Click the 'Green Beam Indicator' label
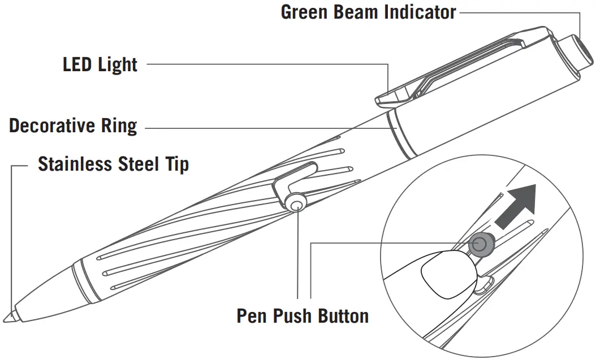click(x=368, y=12)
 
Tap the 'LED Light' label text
click(x=100, y=64)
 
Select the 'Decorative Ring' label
click(x=73, y=125)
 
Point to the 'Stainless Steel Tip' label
click(x=113, y=164)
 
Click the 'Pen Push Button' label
click(x=303, y=315)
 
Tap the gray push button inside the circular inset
click(x=480, y=244)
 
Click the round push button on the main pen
click(x=295, y=202)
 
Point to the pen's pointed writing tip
click(x=10, y=316)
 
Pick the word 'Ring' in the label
click(x=119, y=125)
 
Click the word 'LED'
click(x=77, y=64)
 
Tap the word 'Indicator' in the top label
click(x=421, y=12)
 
